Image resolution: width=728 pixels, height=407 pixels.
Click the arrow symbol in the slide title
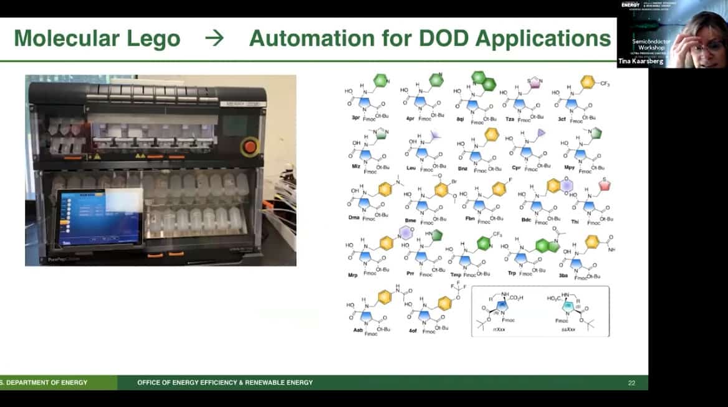coord(214,39)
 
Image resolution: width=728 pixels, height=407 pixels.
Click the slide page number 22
coord(631,383)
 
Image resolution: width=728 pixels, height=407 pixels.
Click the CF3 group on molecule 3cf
coord(605,83)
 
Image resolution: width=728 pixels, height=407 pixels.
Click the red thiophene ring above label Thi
coord(603,185)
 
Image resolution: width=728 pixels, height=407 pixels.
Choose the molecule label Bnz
coord(462,169)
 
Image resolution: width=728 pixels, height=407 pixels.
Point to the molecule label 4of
coord(413,330)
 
